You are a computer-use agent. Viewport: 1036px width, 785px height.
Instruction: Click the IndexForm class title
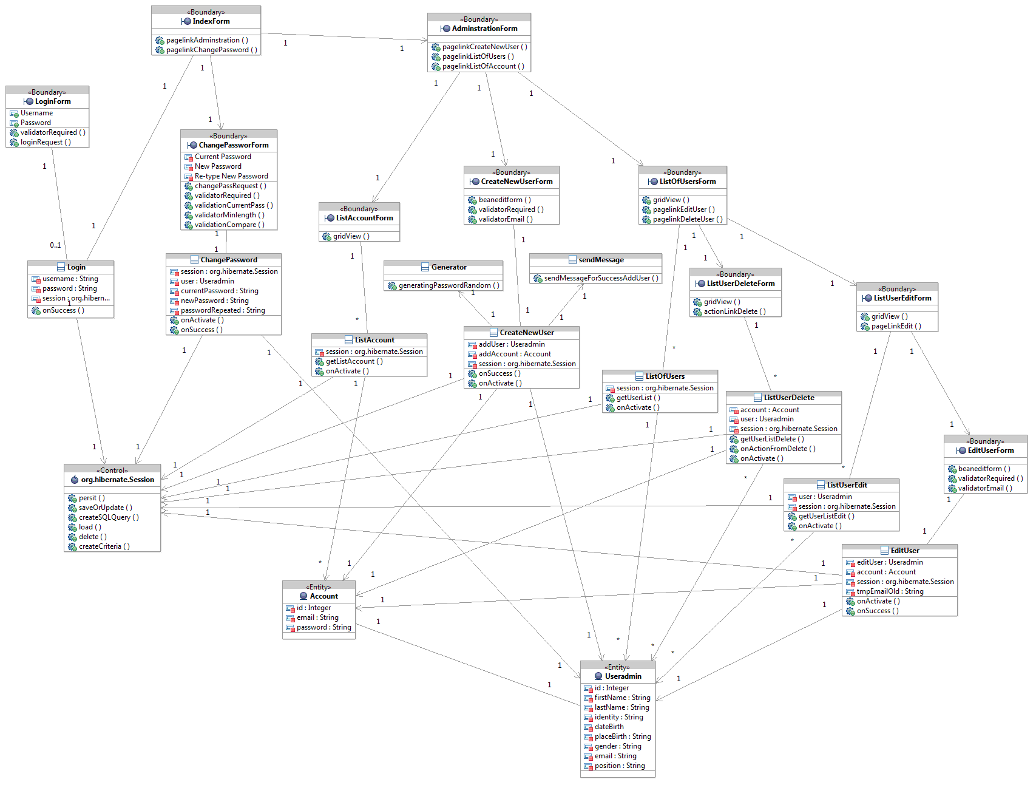211,21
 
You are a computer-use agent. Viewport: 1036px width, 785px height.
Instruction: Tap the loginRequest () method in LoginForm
46,142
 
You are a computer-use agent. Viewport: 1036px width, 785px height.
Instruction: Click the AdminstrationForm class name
484,29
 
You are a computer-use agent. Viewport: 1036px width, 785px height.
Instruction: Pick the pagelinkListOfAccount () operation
483,66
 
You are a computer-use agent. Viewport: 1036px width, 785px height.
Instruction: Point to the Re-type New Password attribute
231,176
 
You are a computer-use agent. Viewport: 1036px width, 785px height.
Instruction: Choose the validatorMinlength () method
229,215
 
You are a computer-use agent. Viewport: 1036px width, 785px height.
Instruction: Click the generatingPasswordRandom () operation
449,285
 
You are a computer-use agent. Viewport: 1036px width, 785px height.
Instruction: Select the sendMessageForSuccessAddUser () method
601,278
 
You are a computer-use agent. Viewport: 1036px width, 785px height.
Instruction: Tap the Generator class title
449,267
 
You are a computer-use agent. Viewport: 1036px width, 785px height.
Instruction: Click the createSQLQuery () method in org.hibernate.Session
109,517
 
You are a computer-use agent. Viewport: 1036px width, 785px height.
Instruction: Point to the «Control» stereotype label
112,471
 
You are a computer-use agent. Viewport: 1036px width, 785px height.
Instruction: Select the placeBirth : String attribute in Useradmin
623,736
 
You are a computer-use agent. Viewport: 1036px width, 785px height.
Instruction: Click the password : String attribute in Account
323,627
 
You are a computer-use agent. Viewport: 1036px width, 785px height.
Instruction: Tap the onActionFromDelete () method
777,449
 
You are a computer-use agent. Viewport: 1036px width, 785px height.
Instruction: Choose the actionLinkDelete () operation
734,311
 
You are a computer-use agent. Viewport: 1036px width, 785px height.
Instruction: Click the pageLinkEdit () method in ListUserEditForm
896,326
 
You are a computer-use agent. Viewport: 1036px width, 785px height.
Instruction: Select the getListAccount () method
354,361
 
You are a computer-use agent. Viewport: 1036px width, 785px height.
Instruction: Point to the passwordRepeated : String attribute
223,310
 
